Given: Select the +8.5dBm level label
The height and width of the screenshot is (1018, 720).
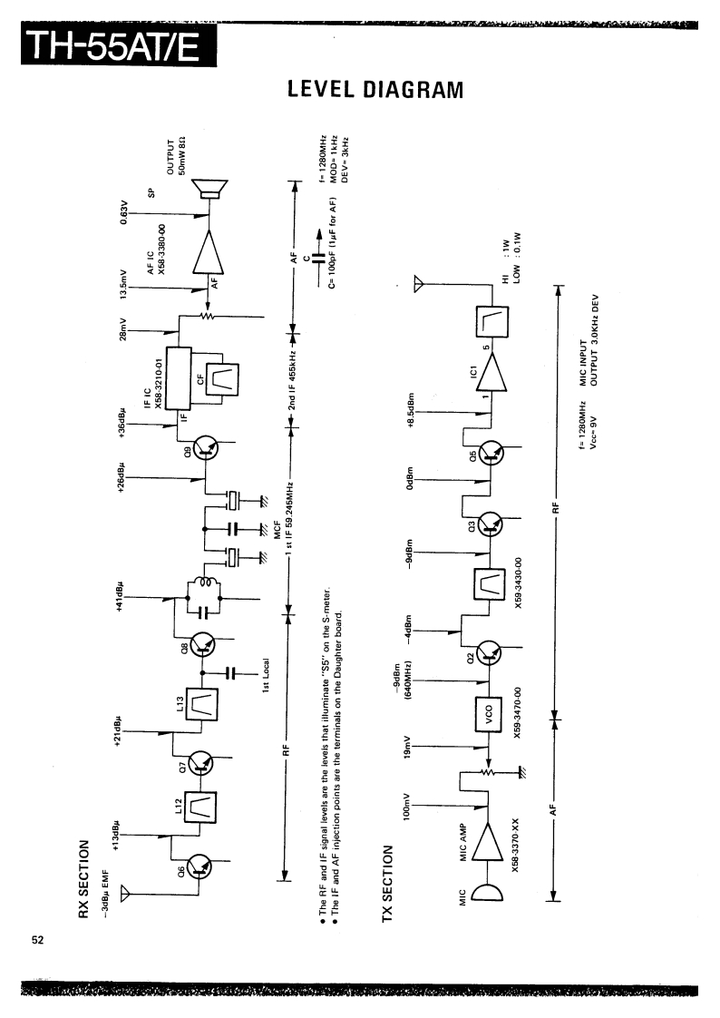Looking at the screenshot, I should pos(412,411).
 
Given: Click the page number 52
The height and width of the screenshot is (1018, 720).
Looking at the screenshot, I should pos(38,939).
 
